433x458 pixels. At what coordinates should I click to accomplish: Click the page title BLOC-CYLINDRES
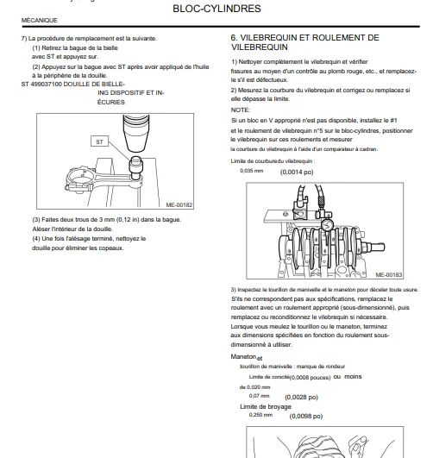pyautogui.click(x=216, y=9)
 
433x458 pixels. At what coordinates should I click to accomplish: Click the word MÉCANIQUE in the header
pyautogui.click(x=39, y=21)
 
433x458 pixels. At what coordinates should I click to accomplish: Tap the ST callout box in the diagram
pyautogui.click(x=100, y=141)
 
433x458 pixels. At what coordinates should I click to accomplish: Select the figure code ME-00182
pyautogui.click(x=179, y=205)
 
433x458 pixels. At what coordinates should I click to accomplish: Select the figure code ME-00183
pyautogui.click(x=389, y=275)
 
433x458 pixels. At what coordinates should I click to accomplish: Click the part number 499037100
pyautogui.click(x=46, y=85)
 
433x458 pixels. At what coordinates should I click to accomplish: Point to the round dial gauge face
pyautogui.click(x=328, y=224)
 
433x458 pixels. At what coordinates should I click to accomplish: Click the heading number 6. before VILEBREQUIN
pyautogui.click(x=234, y=38)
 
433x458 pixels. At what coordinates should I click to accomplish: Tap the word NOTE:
pyautogui.click(x=241, y=110)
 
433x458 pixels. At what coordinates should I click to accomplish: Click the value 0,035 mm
pyautogui.click(x=252, y=171)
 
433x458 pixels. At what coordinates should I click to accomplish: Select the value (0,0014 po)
pyautogui.click(x=297, y=172)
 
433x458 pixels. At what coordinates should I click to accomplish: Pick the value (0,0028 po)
pyautogui.click(x=301, y=398)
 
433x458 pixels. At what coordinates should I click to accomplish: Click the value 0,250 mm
pyautogui.click(x=260, y=415)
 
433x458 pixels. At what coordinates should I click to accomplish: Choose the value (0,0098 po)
pyautogui.click(x=306, y=417)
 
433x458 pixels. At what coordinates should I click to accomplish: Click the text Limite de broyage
pyautogui.click(x=266, y=407)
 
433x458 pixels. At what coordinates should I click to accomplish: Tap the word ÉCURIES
pyautogui.click(x=111, y=103)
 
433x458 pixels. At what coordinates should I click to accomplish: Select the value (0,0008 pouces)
pyautogui.click(x=310, y=378)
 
